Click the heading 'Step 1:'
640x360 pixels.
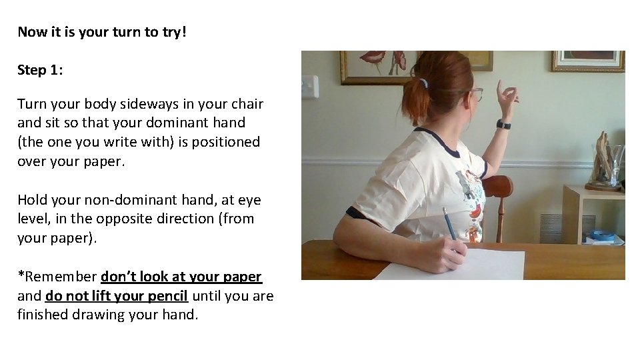[x=40, y=70]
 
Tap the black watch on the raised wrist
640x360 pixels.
[x=503, y=124]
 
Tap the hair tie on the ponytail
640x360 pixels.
[x=422, y=83]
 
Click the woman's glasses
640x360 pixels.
[x=475, y=93]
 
